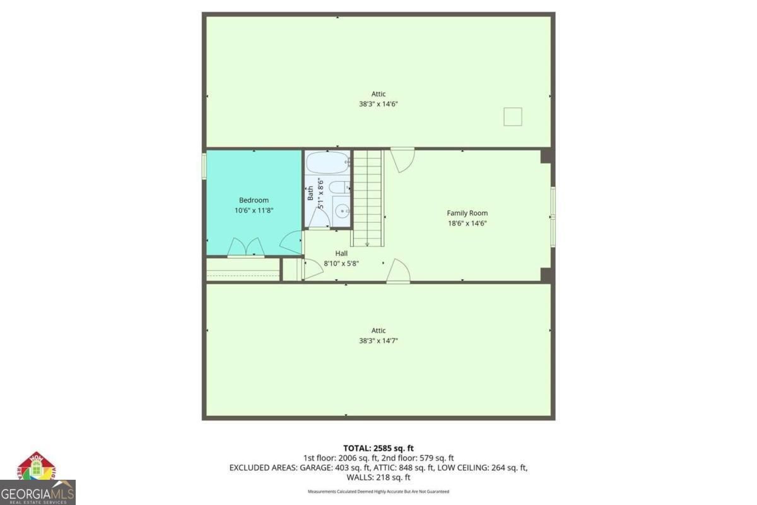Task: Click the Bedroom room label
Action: (x=254, y=200)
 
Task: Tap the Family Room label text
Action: (x=467, y=213)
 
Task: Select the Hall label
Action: (x=341, y=253)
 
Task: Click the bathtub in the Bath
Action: (x=328, y=163)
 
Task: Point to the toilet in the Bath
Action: (x=339, y=187)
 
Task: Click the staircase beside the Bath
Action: (x=367, y=199)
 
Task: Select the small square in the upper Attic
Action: (x=513, y=117)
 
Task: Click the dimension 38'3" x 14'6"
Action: (x=378, y=104)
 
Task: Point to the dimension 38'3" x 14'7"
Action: (x=378, y=341)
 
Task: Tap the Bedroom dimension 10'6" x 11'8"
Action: (x=254, y=210)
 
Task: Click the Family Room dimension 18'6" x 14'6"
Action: (x=467, y=223)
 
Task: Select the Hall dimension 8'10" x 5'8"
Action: (x=341, y=263)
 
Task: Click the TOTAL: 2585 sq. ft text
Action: (x=378, y=448)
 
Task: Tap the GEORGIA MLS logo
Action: (x=37, y=493)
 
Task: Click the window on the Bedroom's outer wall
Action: (x=204, y=166)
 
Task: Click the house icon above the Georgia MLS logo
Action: (x=37, y=466)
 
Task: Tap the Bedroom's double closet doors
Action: (x=246, y=247)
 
